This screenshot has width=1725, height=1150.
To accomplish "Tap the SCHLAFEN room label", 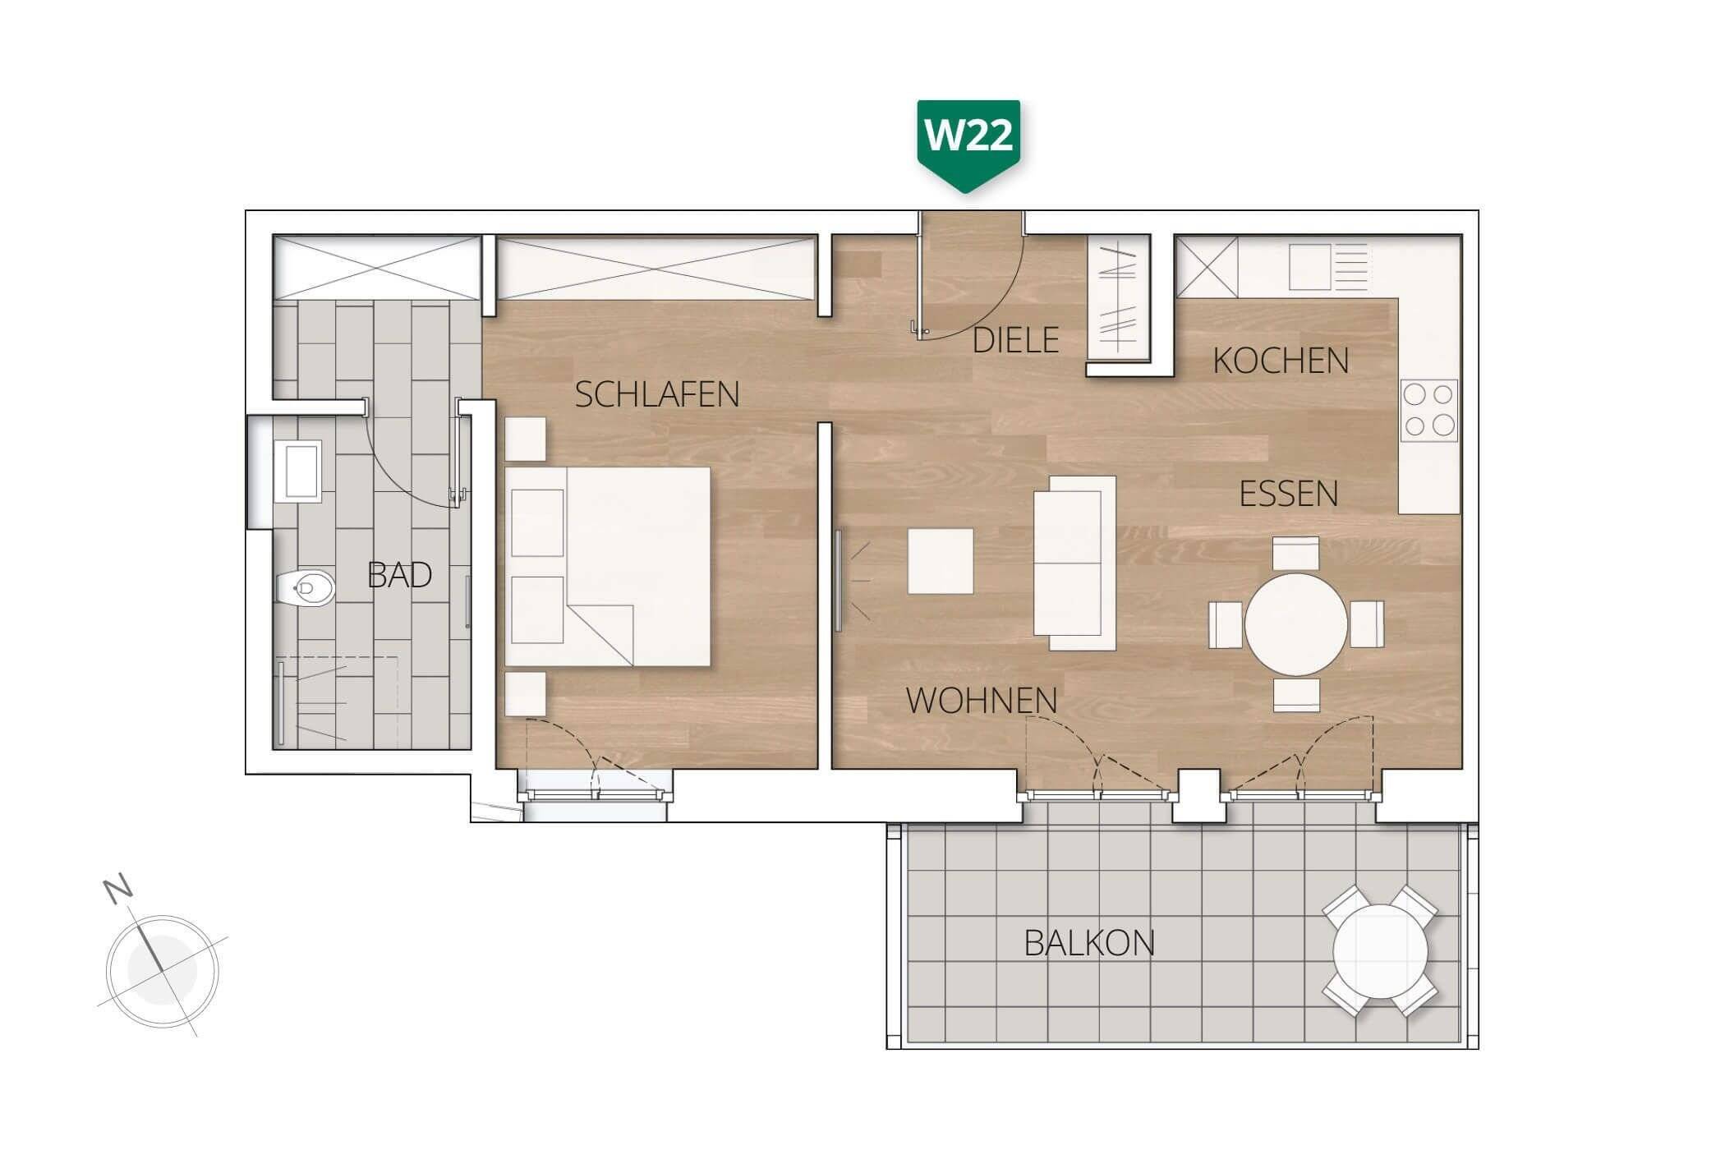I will [656, 395].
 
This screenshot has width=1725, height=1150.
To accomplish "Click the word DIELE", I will [1015, 340].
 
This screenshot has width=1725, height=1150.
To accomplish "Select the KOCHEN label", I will [1281, 361].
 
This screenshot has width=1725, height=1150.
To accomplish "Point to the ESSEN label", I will [1288, 494].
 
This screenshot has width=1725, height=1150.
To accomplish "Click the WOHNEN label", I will [982, 701].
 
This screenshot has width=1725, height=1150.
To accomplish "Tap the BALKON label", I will [1089, 944].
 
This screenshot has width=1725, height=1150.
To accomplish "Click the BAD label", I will [399, 576].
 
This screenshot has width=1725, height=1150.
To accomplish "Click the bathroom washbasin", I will [297, 471].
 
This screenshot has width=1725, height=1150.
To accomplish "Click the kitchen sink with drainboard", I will [1328, 267].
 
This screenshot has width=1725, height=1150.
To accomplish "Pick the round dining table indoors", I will [1296, 625].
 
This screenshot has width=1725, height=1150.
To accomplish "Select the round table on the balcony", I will [1380, 951].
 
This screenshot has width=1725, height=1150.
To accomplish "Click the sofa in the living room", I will [1074, 563].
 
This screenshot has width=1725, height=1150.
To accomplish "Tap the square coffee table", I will [941, 562].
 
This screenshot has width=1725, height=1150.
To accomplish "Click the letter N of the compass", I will [118, 889].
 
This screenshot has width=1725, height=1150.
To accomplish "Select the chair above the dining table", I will [1295, 553].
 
